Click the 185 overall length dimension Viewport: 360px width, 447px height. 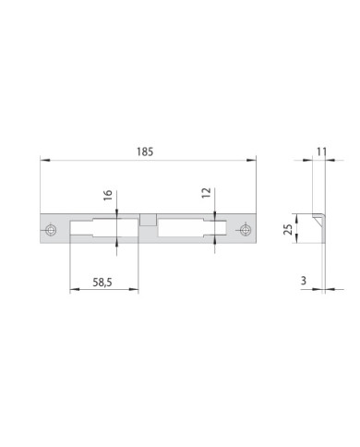pos(145,152)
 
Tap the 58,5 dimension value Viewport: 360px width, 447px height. pos(102,282)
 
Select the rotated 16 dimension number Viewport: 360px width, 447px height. pos(108,195)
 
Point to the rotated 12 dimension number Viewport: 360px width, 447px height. pos(207,193)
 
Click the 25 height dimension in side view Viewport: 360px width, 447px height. pos(288,229)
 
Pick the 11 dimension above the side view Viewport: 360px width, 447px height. pos(321,151)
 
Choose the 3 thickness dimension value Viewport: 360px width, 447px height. pos(304,281)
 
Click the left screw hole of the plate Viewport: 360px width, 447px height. pos(50,230)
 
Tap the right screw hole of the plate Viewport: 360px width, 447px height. pos(245,230)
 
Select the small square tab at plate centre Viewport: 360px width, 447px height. pos(149,221)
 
